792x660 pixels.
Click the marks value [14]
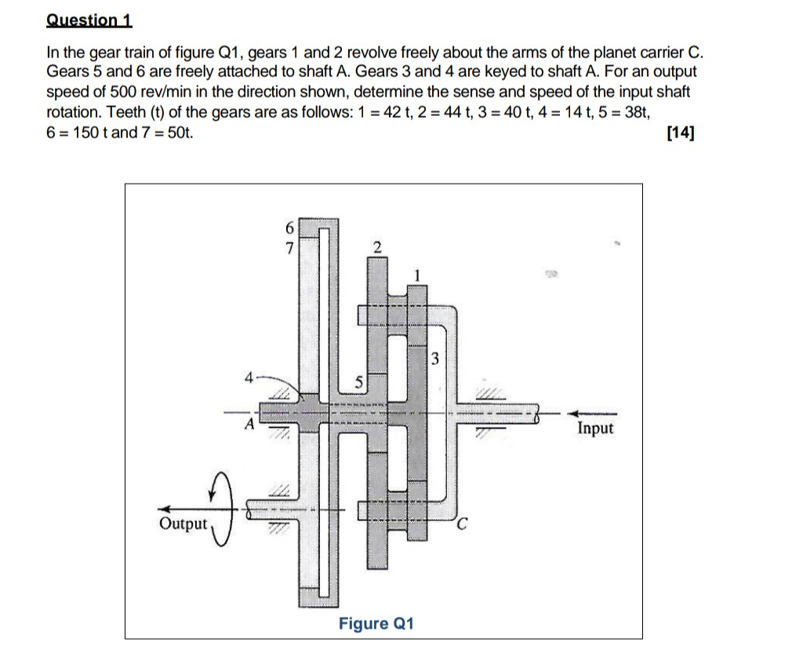coord(679,133)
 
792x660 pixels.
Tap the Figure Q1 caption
coord(376,624)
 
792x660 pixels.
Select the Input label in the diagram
coord(595,428)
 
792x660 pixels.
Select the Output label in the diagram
coord(183,523)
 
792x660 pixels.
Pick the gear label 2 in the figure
coord(377,248)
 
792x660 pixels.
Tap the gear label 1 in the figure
coord(418,275)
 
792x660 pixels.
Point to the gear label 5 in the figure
coord(359,383)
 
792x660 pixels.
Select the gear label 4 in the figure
coord(248,377)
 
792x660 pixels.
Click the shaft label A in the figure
coord(249,425)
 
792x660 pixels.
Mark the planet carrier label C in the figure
coord(463,525)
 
